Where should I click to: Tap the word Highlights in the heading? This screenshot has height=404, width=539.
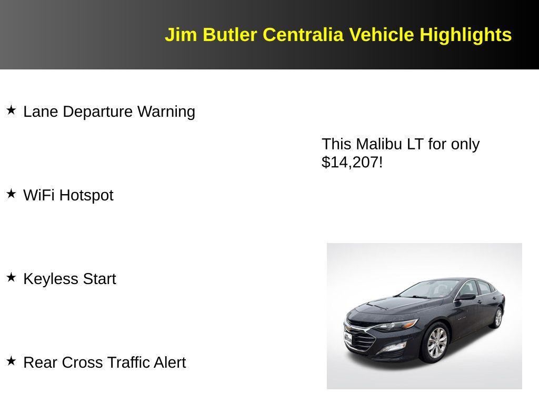(466, 35)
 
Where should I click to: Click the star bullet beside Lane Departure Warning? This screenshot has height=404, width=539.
(11, 110)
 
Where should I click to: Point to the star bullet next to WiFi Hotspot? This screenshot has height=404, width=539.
(11, 194)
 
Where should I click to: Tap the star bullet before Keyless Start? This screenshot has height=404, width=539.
(11, 278)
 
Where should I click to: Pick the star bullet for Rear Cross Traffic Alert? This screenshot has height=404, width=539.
(11, 361)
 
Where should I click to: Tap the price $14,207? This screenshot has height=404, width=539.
(352, 163)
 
